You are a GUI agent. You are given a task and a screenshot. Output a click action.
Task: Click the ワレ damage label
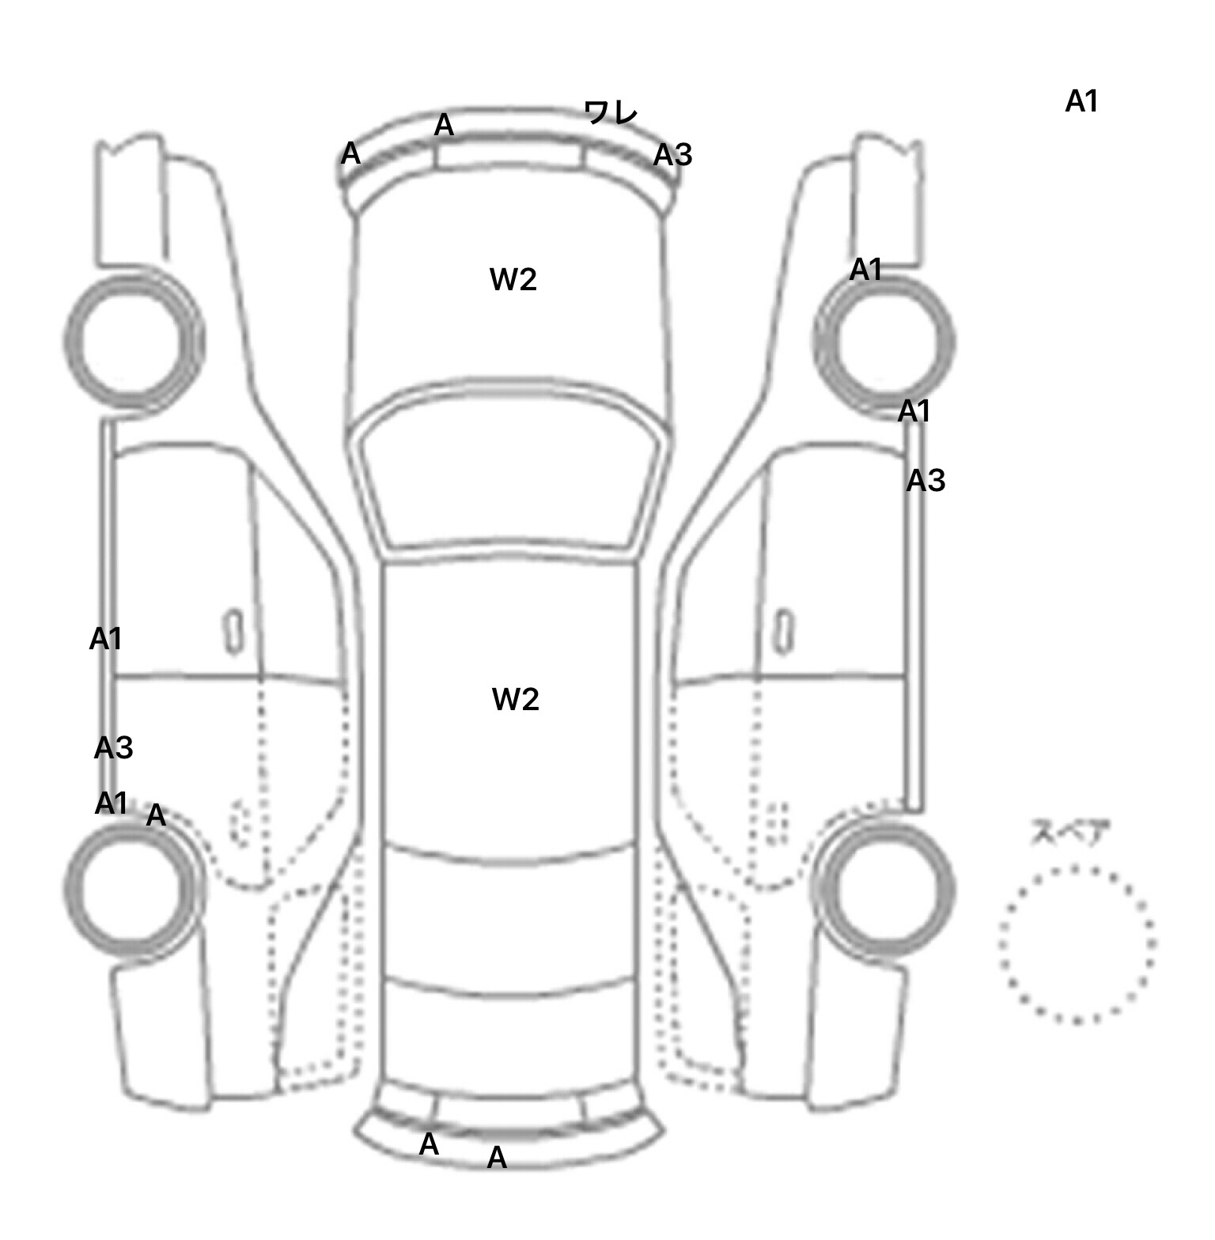[x=611, y=112]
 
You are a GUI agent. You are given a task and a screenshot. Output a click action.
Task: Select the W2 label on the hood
[x=513, y=279]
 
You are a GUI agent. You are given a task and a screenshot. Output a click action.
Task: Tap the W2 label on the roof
[x=516, y=699]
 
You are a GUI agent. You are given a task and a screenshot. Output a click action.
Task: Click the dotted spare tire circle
[x=1077, y=945]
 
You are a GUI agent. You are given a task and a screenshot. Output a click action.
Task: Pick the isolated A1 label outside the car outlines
[x=1082, y=101]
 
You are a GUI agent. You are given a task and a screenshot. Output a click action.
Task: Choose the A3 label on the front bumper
[x=673, y=156]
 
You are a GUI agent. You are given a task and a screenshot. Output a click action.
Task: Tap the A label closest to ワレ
[x=444, y=125]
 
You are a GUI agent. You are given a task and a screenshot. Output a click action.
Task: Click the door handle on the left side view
[x=234, y=631]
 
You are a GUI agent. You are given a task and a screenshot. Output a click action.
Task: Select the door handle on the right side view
[x=784, y=632]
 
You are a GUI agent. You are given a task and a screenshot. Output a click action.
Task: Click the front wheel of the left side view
[x=133, y=338]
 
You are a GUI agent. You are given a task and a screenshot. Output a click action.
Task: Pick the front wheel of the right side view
[x=884, y=341]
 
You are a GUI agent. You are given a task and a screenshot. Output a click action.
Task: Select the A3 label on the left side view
[x=114, y=747]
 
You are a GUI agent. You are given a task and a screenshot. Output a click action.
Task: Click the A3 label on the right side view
[x=926, y=480]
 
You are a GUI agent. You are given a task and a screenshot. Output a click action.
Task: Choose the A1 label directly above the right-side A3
[x=914, y=411]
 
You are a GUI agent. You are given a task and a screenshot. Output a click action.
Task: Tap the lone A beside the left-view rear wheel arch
[x=157, y=815]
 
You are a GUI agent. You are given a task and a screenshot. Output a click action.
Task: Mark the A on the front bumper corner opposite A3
[x=350, y=153]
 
